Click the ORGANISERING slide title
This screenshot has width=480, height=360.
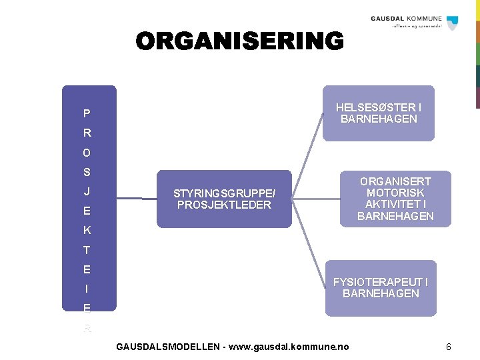[x=240, y=41]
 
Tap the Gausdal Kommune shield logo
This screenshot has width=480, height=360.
[x=453, y=23]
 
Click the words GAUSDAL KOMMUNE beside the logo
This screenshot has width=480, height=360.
[x=406, y=19]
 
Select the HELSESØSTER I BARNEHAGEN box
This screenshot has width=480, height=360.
[x=378, y=113]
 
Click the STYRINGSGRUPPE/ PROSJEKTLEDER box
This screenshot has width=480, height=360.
[x=224, y=199]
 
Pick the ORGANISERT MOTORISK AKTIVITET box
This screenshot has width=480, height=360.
[x=395, y=199]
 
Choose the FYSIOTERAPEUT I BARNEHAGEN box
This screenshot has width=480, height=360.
[x=381, y=288]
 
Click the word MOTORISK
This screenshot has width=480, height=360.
[x=395, y=193]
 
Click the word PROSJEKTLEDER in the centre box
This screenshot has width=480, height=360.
[x=224, y=205]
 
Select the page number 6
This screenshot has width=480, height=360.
[x=449, y=347]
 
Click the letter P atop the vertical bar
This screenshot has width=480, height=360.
[x=87, y=113]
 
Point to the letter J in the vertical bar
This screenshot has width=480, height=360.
[x=87, y=192]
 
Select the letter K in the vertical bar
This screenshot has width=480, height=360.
[x=87, y=231]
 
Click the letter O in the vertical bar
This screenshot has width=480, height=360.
[x=87, y=153]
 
